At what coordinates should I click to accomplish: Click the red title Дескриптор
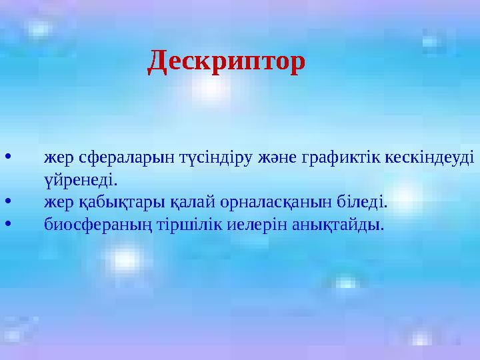point(227,62)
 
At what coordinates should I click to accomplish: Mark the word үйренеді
point(81,180)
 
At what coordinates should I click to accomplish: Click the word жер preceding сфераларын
point(59,159)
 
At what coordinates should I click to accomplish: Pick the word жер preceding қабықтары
point(59,201)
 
